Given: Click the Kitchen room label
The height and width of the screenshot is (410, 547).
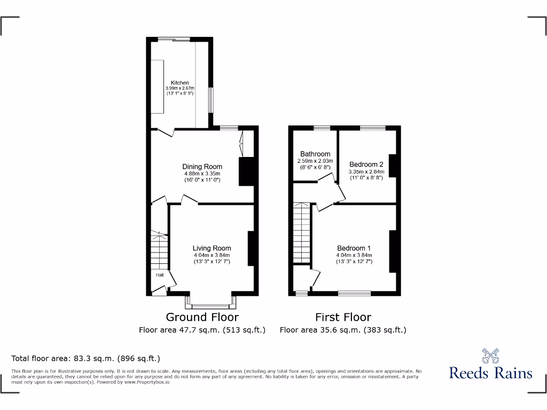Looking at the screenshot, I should [179, 83].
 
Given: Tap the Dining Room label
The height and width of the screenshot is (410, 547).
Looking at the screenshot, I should [202, 167].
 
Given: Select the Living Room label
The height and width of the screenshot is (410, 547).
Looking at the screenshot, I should [212, 248].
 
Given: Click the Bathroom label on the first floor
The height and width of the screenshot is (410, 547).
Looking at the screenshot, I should [315, 154].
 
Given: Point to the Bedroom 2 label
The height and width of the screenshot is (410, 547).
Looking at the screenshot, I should [366, 164].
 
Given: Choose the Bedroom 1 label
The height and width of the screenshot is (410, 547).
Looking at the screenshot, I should [354, 248].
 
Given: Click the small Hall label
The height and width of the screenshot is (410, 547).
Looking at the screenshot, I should [160, 275].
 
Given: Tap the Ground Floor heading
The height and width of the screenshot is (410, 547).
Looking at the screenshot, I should [202, 317].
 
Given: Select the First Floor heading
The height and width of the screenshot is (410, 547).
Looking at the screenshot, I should [343, 317].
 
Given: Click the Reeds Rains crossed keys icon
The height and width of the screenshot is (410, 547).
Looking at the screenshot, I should [490, 356].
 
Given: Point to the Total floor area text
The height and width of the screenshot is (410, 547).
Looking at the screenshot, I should [85, 359].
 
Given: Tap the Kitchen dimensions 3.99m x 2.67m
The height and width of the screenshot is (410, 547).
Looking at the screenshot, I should [180, 89].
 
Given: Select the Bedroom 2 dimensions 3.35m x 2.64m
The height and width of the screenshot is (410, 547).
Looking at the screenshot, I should [366, 172].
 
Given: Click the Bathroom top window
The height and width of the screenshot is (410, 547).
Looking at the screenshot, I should [322, 128].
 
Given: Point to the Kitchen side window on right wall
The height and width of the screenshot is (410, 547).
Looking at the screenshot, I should [212, 100].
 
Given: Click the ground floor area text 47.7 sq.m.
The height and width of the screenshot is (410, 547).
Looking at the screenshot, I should [202, 330].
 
